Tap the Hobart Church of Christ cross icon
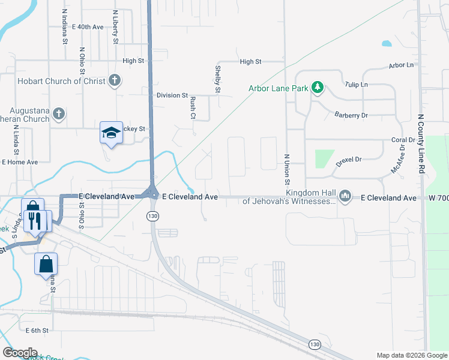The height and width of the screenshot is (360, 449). click(x=114, y=81)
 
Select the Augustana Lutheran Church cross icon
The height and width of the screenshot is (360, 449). click(x=58, y=113)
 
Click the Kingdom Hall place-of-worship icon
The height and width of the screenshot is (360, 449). click(x=345, y=196)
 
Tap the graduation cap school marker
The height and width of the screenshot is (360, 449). click(x=111, y=132)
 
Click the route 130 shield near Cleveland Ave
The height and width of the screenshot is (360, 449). click(x=154, y=215)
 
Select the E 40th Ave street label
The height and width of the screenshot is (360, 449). click(x=88, y=27)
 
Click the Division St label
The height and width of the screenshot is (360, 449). click(x=172, y=95)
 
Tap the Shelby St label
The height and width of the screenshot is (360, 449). click(x=218, y=79)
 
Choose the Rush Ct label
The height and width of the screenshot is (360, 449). click(x=193, y=109)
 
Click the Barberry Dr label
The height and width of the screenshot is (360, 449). click(x=351, y=115)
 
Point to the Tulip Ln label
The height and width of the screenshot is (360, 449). click(x=357, y=85)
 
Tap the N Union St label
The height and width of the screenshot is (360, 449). click(x=286, y=170)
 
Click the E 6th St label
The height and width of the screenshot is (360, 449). click(x=36, y=330)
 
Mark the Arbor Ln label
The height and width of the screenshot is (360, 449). click(x=402, y=65)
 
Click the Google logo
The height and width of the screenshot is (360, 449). click(x=20, y=353)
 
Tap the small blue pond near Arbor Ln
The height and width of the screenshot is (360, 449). click(x=386, y=43)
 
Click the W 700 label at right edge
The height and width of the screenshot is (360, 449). click(x=438, y=197)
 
